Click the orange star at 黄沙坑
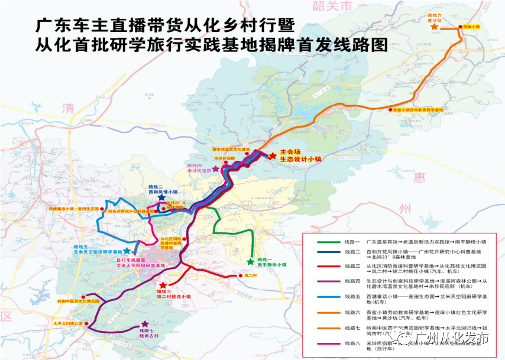(435, 27)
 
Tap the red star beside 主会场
(272, 155)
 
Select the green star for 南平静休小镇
(251, 261)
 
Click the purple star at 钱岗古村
(145, 324)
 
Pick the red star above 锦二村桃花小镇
(163, 286)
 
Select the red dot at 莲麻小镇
(458, 27)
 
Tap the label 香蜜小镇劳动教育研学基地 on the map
(418, 109)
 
